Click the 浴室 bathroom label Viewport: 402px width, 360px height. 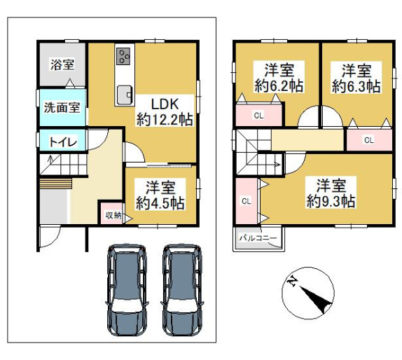click(62, 64)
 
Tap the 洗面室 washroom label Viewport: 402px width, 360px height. click(62, 107)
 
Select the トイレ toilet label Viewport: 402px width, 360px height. click(63, 141)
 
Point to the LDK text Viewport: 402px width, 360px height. click(165, 104)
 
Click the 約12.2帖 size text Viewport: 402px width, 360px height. click(165, 120)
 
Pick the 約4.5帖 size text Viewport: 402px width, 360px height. click(160, 203)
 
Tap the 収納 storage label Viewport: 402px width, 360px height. click(113, 216)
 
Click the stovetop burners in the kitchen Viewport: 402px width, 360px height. click(123, 57)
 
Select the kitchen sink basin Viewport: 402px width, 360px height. click(125, 95)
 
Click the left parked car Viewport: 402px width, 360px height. click(127, 290)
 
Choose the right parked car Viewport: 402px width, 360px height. click(182, 290)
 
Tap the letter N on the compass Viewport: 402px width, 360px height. click(292, 282)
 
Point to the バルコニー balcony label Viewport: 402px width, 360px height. click(258, 238)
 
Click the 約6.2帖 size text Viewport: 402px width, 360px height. click(279, 86)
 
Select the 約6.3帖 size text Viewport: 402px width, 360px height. click(356, 86)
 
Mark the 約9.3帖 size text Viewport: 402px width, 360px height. click(331, 201)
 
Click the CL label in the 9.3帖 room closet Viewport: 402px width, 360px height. click(247, 201)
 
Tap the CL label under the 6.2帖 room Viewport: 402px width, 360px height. click(258, 116)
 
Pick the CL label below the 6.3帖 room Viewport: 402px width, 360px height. click(369, 140)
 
